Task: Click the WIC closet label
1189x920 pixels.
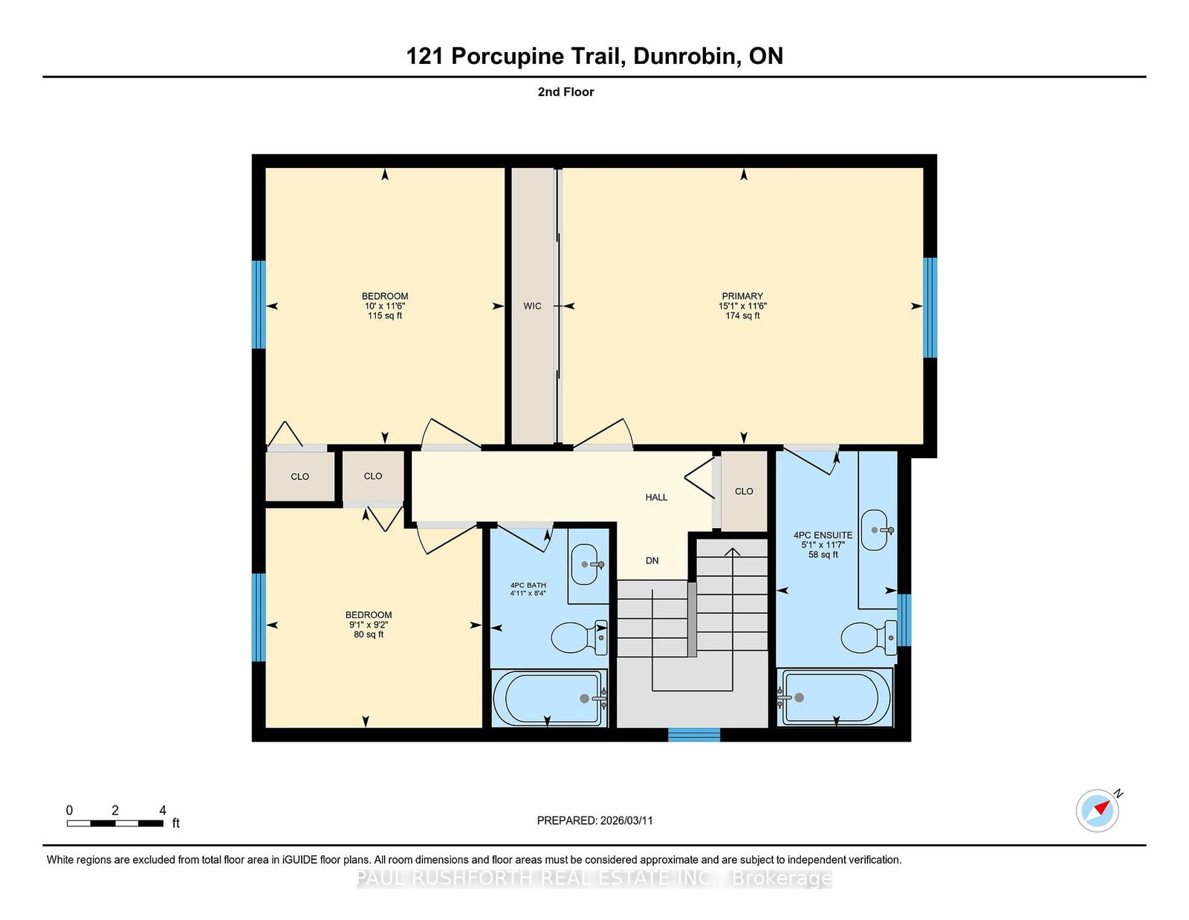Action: click(532, 306)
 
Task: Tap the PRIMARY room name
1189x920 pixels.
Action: click(742, 296)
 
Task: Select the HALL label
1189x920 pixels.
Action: click(656, 498)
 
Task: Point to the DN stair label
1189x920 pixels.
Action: click(652, 560)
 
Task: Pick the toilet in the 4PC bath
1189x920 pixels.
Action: click(579, 637)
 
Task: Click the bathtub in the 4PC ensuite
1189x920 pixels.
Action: click(835, 698)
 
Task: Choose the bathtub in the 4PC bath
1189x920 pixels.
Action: click(550, 698)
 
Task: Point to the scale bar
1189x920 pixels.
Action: click(115, 823)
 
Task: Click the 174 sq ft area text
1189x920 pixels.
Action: click(742, 316)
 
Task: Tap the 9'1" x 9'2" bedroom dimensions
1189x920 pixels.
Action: click(369, 625)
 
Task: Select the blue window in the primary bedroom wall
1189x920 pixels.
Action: click(930, 308)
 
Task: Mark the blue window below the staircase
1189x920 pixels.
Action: click(694, 735)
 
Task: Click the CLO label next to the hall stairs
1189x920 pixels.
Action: click(744, 491)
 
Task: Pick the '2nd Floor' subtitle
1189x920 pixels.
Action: click(566, 92)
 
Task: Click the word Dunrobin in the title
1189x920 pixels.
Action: click(684, 57)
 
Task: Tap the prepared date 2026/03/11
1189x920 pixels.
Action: click(626, 820)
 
